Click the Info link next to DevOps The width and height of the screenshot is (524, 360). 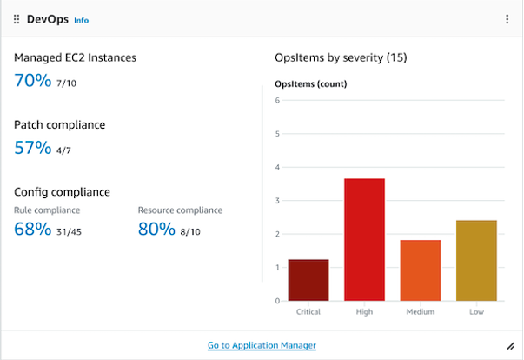coord(81,20)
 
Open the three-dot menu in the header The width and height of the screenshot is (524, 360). coord(507,19)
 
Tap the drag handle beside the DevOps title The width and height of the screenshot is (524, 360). coord(17,19)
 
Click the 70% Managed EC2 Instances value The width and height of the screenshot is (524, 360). coord(32,81)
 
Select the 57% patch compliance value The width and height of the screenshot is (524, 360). coord(32,148)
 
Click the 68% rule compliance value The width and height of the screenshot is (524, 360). coord(32,230)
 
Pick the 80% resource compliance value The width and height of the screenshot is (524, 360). coord(156,230)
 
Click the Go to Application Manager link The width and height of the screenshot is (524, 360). coord(262,345)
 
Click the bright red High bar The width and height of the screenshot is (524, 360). coord(364,239)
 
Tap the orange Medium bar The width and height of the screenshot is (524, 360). coord(421,270)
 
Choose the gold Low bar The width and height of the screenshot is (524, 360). coord(476,260)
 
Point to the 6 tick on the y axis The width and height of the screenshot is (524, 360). coord(276,100)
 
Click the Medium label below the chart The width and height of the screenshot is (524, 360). coord(421,311)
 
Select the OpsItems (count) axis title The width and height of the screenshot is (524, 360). coord(305,84)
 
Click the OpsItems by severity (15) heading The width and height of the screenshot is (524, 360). coord(341,57)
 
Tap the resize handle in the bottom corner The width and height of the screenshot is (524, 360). coord(509,345)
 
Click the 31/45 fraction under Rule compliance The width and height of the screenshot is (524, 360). coord(69,231)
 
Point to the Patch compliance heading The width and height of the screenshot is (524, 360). coord(59,124)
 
